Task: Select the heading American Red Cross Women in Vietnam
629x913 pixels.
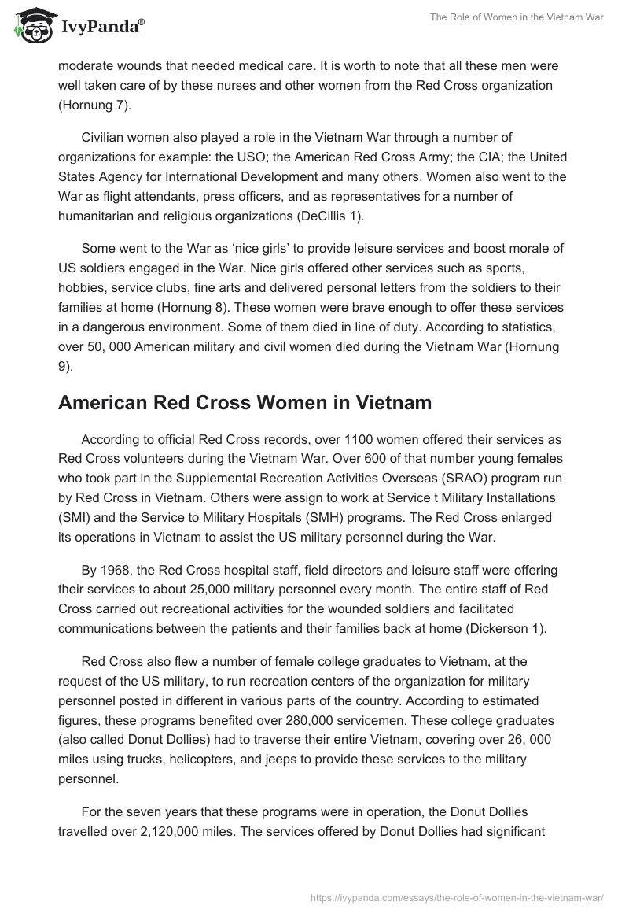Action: click(x=245, y=403)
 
